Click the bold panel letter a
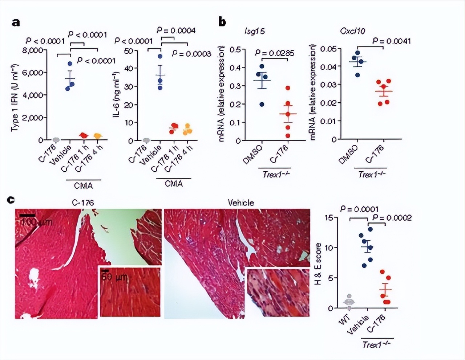click(x=16, y=22)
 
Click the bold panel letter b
click(x=222, y=22)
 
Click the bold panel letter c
click(x=11, y=200)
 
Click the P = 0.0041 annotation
click(x=392, y=41)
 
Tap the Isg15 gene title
click(x=254, y=31)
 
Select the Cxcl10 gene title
click(x=352, y=31)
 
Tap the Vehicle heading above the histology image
click(x=241, y=202)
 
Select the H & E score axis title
click(x=319, y=263)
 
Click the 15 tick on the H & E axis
click(x=329, y=217)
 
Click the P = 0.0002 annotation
click(x=392, y=218)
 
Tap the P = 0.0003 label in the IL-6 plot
click(x=191, y=54)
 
